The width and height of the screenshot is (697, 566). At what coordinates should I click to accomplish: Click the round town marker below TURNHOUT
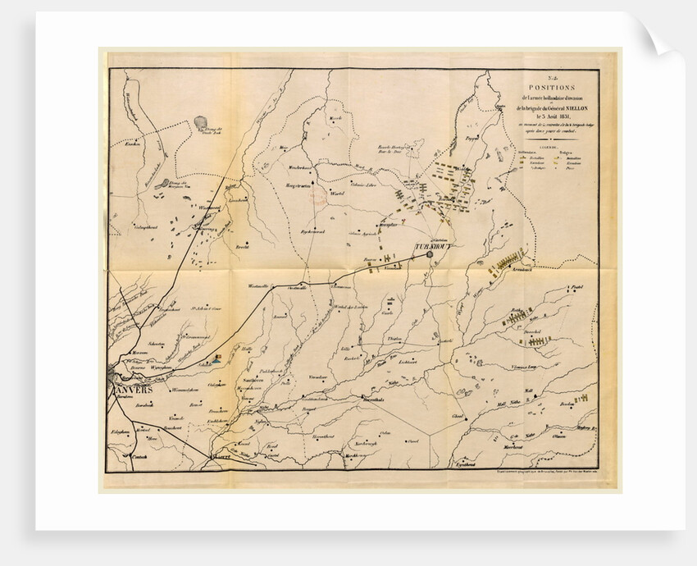coord(429,255)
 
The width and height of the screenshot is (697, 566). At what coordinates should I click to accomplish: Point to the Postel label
coord(581,288)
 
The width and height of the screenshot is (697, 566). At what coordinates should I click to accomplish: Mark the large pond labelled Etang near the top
coord(200,123)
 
